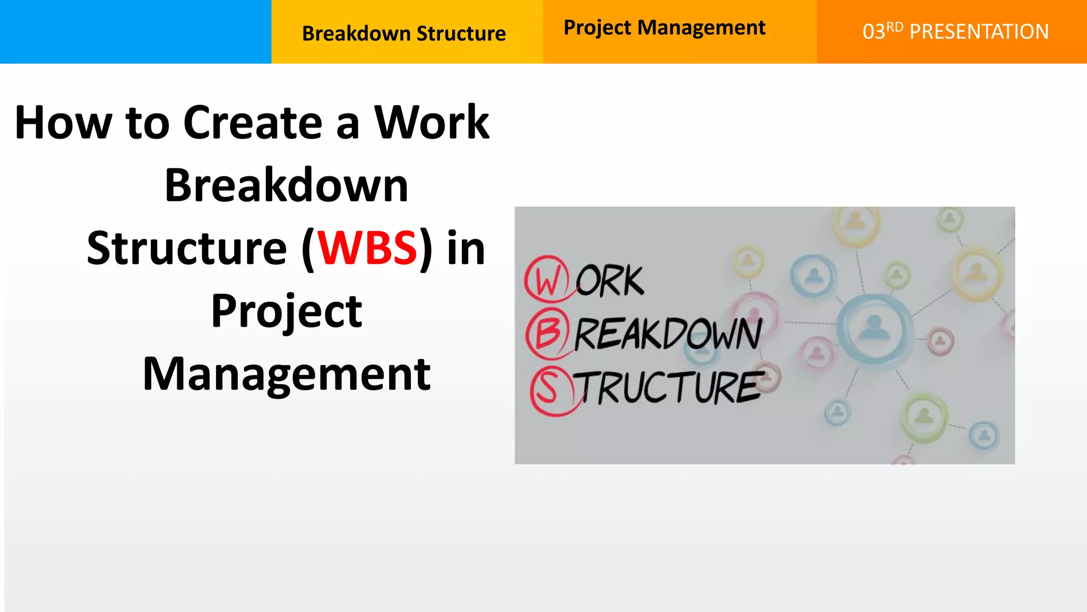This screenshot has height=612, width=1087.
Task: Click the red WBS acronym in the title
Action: pos(367,249)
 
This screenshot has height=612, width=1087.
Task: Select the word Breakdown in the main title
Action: pos(287,186)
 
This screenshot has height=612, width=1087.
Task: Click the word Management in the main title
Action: pos(287,374)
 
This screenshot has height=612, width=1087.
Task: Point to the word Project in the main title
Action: pos(287,311)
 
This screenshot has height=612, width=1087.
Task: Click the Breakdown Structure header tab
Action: pos(404,33)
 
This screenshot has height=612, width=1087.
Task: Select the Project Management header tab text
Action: pos(664,28)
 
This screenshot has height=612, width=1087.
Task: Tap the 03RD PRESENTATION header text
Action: pos(955,32)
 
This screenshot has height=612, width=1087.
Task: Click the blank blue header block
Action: pos(135,32)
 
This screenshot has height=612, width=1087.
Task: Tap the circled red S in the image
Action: pos(548,389)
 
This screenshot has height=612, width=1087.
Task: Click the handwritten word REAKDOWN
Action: pos(669,334)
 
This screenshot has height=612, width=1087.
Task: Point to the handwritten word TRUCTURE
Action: pos(670,387)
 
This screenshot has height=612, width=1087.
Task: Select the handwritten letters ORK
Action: pos(610,281)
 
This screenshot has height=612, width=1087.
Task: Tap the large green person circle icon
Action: pos(924,417)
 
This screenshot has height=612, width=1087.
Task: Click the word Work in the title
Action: pos(432,123)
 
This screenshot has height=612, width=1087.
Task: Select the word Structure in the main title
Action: pos(187,249)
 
